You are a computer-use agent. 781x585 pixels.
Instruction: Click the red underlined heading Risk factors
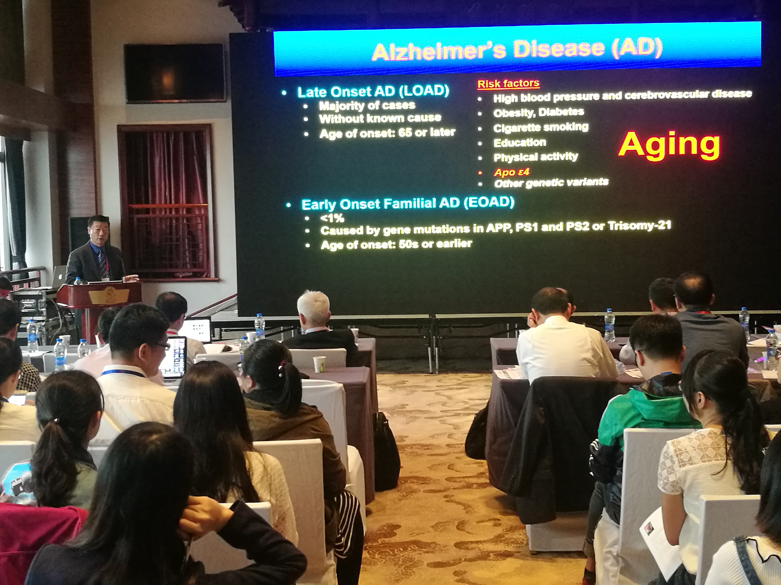point(508,84)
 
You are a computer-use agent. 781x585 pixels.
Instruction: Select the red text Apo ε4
point(512,172)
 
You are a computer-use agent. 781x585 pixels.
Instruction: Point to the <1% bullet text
point(332,218)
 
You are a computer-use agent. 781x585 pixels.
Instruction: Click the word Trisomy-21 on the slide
point(639,225)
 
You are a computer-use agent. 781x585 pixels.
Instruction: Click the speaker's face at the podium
point(98,232)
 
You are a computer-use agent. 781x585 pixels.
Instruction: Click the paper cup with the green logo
point(319,365)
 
